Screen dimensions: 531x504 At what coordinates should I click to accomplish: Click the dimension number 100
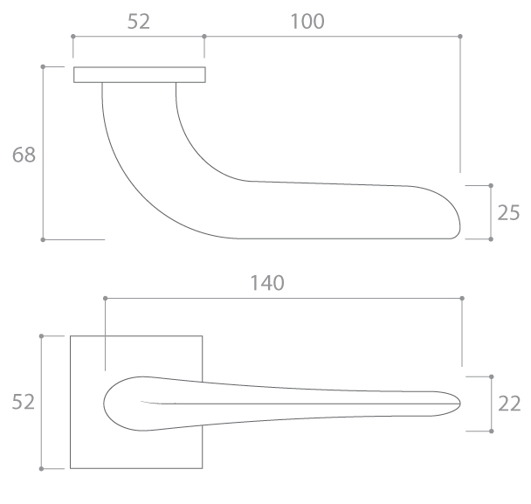[307, 21]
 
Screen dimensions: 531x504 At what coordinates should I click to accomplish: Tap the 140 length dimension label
[267, 283]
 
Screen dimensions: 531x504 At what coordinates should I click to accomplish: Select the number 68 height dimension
[24, 155]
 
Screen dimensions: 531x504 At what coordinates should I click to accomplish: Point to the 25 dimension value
[508, 213]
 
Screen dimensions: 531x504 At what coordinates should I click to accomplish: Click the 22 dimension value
[509, 404]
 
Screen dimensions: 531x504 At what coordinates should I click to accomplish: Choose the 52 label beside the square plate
[23, 402]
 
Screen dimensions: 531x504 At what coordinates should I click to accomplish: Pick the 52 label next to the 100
[139, 21]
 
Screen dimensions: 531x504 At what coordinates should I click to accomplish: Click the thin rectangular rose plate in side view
[140, 74]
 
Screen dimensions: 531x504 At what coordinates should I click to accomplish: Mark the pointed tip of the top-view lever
[460, 404]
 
